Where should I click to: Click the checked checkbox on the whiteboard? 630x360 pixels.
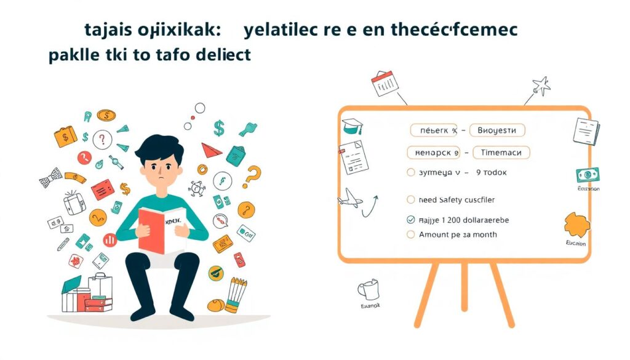[411, 220]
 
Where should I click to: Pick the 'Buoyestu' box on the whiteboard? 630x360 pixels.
[496, 130]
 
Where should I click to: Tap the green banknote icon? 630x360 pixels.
[588, 175]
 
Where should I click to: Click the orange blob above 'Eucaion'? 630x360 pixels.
[576, 225]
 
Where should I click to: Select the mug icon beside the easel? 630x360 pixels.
[370, 290]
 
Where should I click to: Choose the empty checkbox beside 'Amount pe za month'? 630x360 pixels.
[411, 234]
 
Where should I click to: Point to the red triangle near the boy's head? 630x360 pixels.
[210, 149]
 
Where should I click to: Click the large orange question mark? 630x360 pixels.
[252, 177]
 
